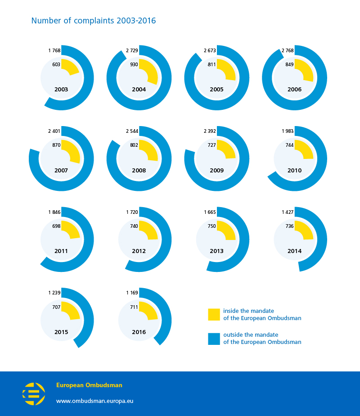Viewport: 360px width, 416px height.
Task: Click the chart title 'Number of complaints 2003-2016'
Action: [x=93, y=21]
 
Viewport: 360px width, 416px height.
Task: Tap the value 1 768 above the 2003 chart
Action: [x=54, y=50]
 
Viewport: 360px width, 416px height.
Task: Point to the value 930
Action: [x=134, y=64]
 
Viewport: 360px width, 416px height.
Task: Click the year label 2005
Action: [x=216, y=90]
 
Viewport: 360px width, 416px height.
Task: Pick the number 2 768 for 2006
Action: [x=288, y=50]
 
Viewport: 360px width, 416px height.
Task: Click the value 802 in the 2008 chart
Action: [x=134, y=145]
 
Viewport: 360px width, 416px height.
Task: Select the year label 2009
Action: [x=216, y=170]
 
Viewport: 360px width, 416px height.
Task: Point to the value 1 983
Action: [x=288, y=131]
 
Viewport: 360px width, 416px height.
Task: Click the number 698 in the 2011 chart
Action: [x=56, y=226]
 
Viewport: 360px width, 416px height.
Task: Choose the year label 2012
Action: [x=139, y=251]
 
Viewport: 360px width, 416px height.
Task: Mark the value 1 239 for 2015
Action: [x=54, y=293]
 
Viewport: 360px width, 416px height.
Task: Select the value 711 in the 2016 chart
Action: [x=134, y=307]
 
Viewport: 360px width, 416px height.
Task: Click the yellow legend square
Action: [x=214, y=314]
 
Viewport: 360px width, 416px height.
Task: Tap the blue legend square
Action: [x=214, y=339]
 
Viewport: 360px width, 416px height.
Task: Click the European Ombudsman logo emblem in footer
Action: [x=34, y=394]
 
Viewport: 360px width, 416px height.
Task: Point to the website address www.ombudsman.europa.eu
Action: [x=94, y=401]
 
